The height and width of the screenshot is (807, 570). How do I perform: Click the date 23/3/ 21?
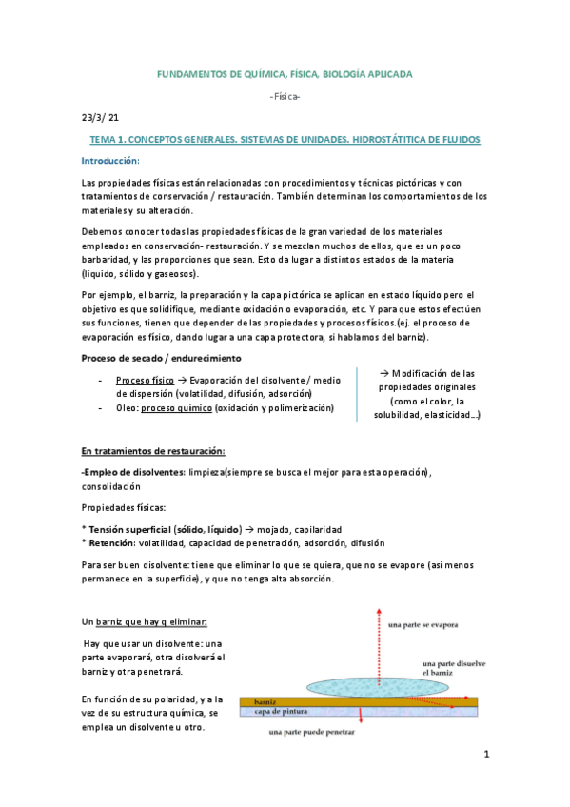click(99, 118)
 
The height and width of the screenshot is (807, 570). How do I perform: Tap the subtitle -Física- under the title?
click(285, 97)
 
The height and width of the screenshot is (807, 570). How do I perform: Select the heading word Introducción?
click(109, 161)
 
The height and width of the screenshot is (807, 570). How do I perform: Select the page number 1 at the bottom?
click(485, 756)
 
